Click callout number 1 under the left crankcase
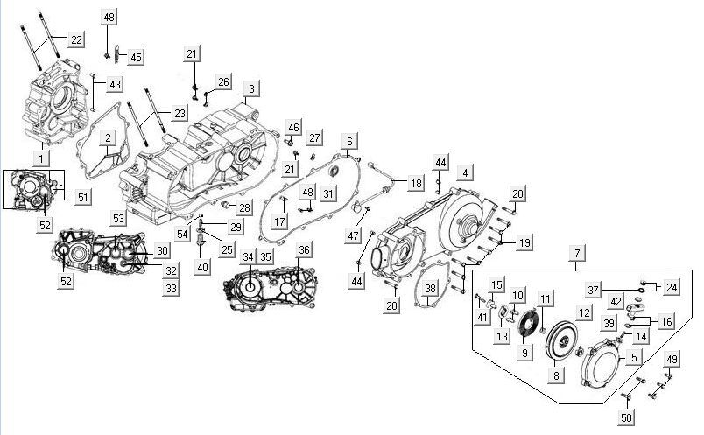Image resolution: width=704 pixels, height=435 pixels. click(x=39, y=158)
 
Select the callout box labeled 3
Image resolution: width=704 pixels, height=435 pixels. click(x=251, y=89)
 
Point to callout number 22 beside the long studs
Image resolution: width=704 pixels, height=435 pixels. click(x=76, y=39)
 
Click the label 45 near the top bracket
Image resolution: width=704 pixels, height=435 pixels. click(x=136, y=57)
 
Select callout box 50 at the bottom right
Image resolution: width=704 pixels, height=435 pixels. click(x=625, y=418)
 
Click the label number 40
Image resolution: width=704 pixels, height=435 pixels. click(x=203, y=267)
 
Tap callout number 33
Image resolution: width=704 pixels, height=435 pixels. click(x=171, y=288)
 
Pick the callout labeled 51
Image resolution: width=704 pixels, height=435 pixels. click(x=83, y=197)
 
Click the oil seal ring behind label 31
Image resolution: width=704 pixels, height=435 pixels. click(x=332, y=181)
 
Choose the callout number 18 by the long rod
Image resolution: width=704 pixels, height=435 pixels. click(x=415, y=183)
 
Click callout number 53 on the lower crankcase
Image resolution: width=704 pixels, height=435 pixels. click(x=119, y=217)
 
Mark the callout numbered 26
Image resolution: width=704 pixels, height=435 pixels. click(x=223, y=82)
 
